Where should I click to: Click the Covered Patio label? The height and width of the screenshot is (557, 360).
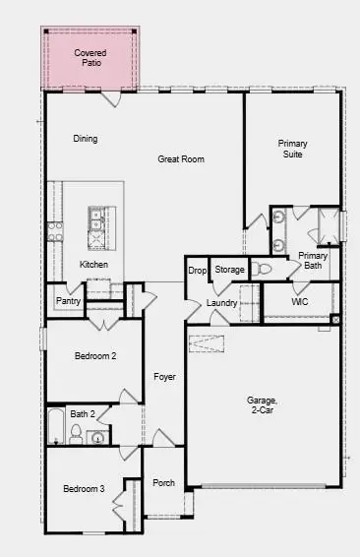(x=90, y=57)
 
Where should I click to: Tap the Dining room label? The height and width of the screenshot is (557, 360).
(x=86, y=139)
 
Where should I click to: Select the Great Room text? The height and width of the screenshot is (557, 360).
(x=181, y=158)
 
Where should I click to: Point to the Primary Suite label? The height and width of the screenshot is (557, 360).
(x=292, y=149)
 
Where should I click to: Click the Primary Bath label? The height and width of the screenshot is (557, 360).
(x=312, y=260)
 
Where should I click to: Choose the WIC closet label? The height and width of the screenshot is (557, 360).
(x=300, y=301)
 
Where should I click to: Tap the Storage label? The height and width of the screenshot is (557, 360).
(x=229, y=270)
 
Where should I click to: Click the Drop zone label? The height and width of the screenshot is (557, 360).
(x=197, y=270)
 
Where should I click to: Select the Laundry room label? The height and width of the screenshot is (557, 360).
(x=221, y=303)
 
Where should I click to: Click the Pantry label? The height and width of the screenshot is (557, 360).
(x=68, y=301)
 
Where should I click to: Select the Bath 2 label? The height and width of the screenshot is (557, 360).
(x=83, y=414)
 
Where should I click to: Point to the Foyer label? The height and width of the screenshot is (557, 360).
(x=163, y=377)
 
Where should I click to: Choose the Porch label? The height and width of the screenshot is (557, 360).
(x=163, y=483)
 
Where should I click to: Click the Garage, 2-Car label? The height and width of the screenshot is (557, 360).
(x=263, y=405)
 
